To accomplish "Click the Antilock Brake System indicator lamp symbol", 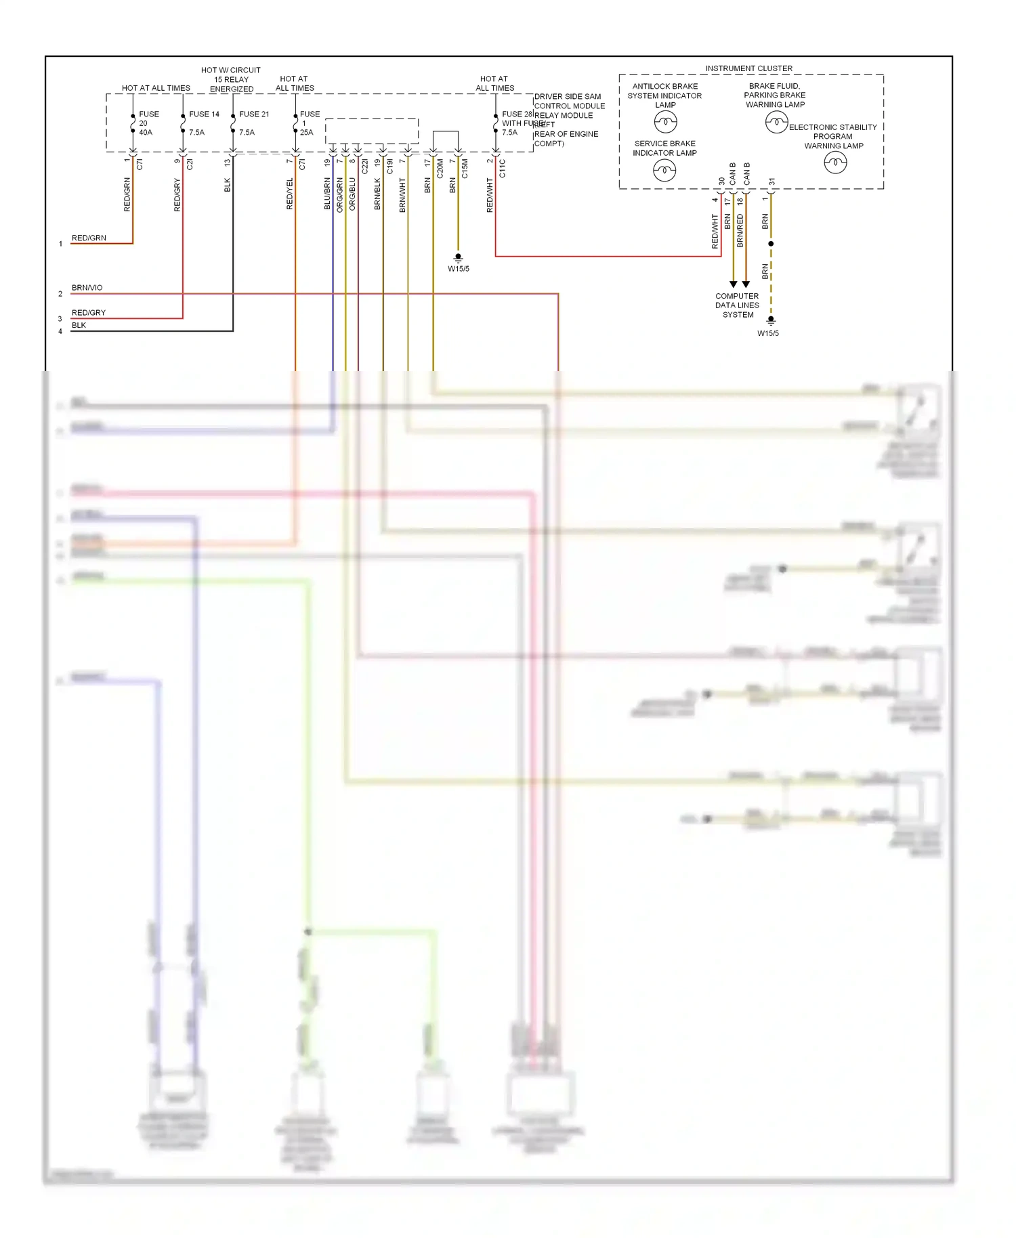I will click(x=665, y=122).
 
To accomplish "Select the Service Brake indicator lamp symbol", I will click(x=664, y=170).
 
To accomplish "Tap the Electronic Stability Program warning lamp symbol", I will click(x=835, y=163).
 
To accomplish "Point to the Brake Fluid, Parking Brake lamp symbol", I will click(x=776, y=123).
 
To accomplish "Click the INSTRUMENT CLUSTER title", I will click(x=748, y=68).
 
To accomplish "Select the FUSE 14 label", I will click(x=204, y=114).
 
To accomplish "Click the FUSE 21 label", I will click(x=254, y=114).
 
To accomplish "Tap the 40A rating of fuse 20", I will click(x=146, y=133).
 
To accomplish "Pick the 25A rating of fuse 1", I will click(x=307, y=133).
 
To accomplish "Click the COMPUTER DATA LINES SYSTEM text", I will click(x=738, y=305).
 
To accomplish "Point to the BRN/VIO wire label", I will click(x=87, y=288).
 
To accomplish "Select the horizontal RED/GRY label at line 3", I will click(x=89, y=313).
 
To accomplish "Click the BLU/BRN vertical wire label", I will click(x=327, y=194).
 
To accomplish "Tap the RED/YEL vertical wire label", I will click(x=290, y=194).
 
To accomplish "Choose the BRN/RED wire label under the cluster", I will click(x=740, y=230).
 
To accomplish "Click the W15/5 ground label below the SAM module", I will click(x=459, y=269).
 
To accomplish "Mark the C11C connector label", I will click(x=503, y=169).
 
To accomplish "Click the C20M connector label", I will click(x=440, y=169).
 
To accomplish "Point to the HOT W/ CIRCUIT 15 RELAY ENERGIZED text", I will click(x=231, y=79).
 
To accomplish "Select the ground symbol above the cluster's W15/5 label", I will click(x=771, y=321).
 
